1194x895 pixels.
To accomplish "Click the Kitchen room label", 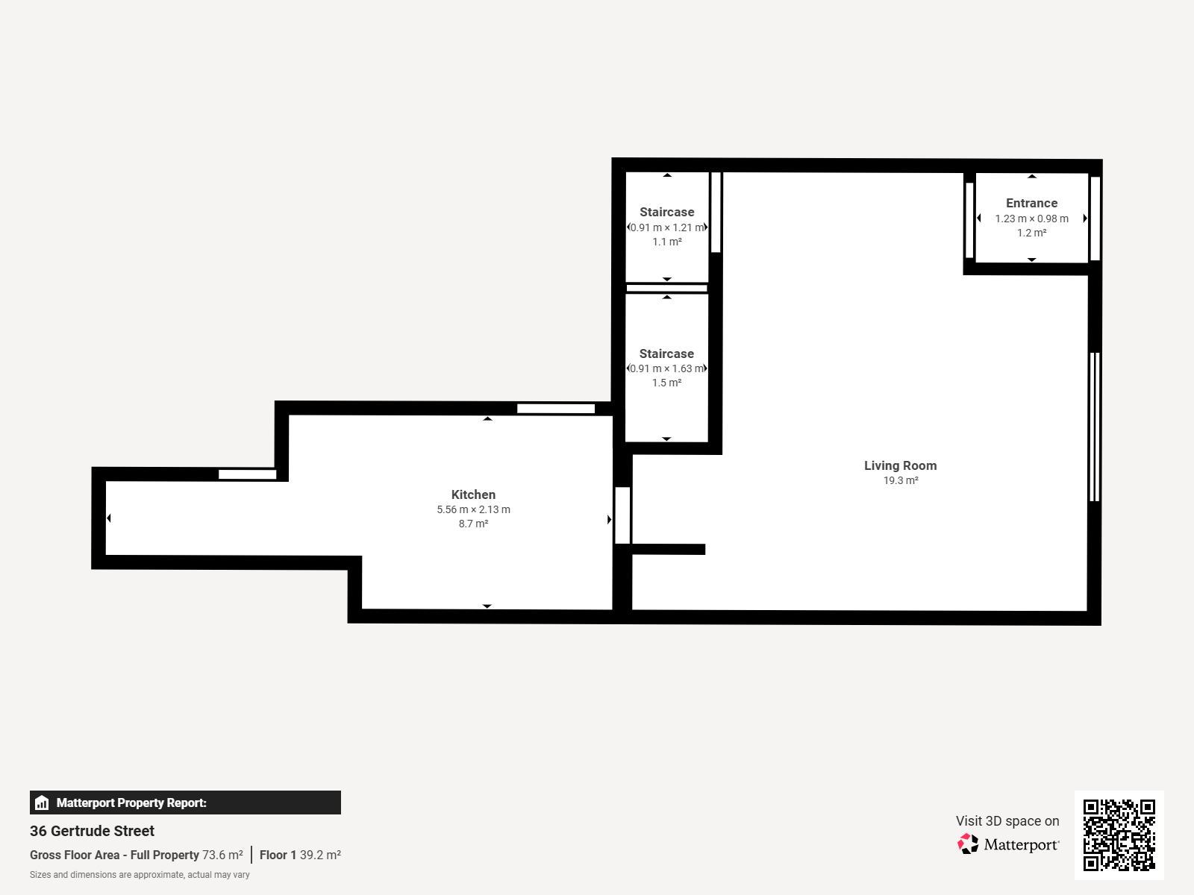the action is [473, 494].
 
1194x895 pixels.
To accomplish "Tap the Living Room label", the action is [900, 465].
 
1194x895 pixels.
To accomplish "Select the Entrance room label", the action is [1031, 203].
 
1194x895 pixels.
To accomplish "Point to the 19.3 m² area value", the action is [901, 480].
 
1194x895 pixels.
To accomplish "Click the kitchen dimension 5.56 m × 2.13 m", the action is [473, 509].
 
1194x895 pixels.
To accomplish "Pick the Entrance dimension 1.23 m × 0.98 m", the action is [1031, 219].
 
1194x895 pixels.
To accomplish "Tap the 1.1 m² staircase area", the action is [667, 242].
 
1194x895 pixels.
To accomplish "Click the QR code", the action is [1119, 835].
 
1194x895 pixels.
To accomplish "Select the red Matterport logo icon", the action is [968, 844].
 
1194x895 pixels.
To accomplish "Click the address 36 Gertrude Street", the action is [92, 831].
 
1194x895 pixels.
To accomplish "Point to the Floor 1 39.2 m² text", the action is [300, 855].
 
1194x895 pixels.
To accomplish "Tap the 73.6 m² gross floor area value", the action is [222, 855].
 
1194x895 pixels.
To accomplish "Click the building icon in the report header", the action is [42, 803].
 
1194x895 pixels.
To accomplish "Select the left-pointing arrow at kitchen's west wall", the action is [109, 518].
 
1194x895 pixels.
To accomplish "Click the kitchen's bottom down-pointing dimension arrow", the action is [487, 606].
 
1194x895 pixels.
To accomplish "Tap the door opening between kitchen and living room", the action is [622, 515].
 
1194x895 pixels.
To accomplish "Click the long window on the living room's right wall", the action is [1095, 427].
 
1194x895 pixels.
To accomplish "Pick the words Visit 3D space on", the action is [1007, 820].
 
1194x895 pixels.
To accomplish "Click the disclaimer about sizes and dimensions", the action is [140, 875].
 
